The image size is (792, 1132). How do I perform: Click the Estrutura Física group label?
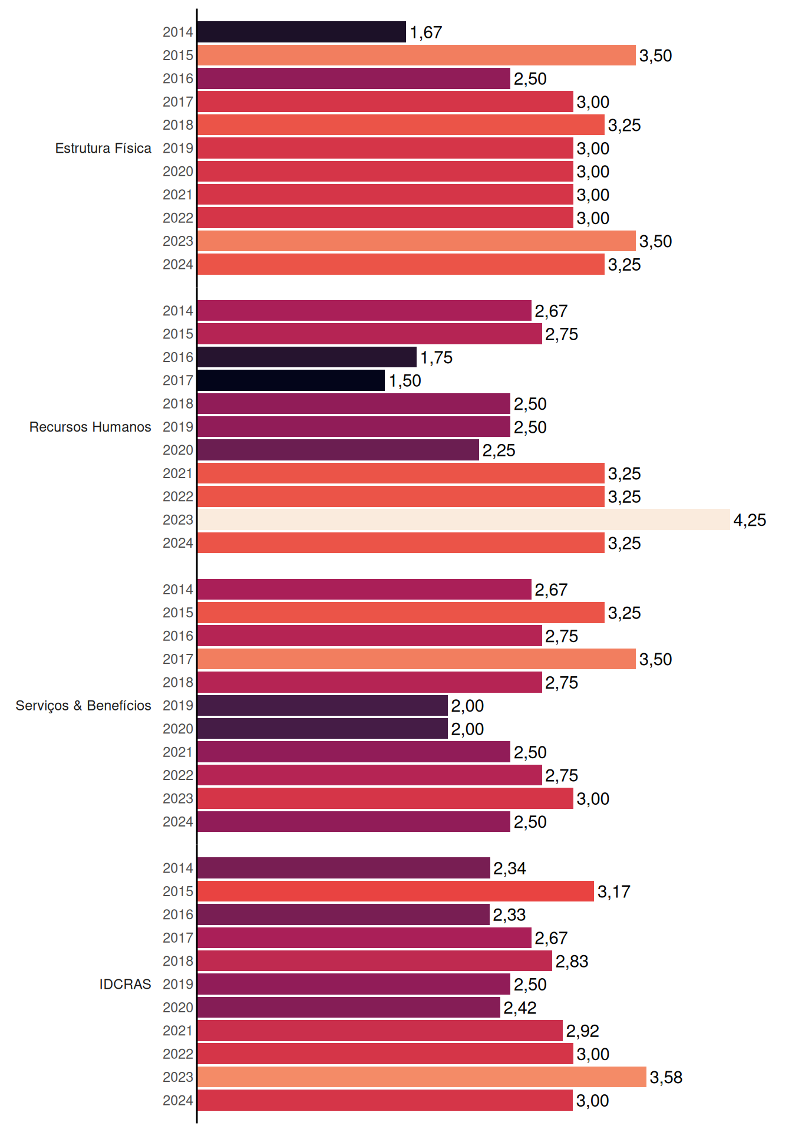[103, 148]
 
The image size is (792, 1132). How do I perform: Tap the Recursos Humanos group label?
[90, 427]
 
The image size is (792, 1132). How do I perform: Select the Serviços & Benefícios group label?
[83, 706]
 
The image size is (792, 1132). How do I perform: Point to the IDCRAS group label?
[125, 984]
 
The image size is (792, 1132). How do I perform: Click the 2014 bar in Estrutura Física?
[302, 32]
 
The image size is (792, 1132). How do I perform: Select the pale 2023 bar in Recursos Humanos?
[464, 519]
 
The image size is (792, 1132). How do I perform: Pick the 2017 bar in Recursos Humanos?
[291, 380]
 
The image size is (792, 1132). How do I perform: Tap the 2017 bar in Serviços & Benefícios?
[417, 659]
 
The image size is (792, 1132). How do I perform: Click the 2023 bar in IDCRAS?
[422, 1077]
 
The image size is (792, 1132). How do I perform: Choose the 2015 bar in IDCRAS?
[396, 891]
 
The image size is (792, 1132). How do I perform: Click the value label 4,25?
[750, 520]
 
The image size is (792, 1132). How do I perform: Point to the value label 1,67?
[426, 32]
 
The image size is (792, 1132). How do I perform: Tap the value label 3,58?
[666, 1078]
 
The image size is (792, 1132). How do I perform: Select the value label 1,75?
[436, 358]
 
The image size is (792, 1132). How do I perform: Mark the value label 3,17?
[614, 892]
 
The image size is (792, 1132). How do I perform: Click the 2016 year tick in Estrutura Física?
[178, 78]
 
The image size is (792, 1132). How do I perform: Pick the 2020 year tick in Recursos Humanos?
[178, 450]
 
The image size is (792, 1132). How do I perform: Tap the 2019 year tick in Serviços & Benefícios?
[178, 706]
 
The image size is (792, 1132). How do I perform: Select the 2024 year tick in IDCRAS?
[178, 1100]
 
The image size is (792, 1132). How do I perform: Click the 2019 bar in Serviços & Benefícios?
[323, 706]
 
